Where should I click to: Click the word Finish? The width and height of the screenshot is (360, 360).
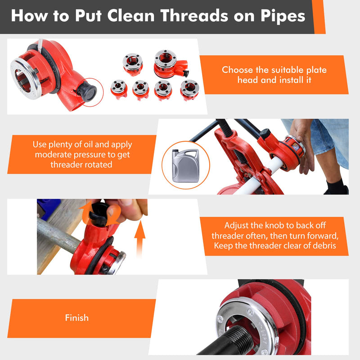(x=76, y=318)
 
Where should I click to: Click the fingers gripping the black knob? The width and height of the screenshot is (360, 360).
(x=130, y=209)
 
